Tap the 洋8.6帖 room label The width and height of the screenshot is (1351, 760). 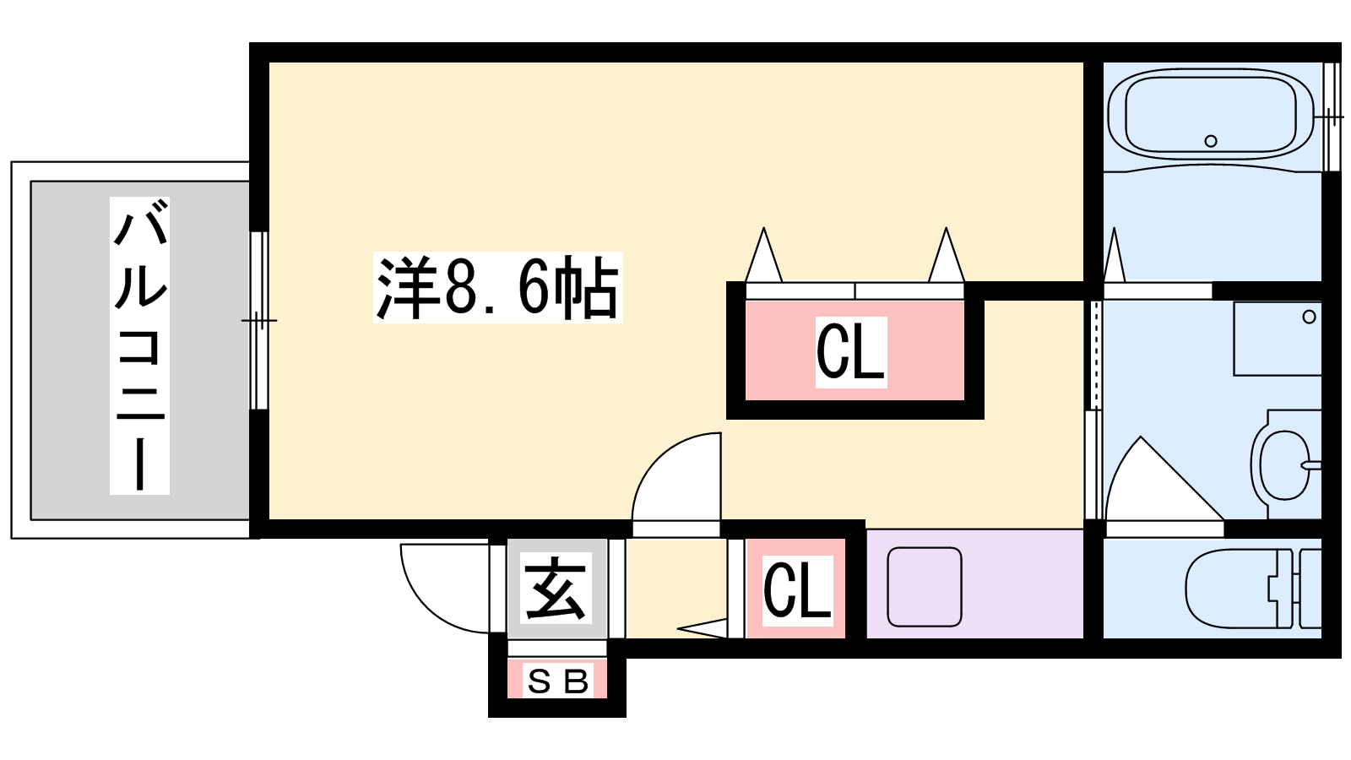(497, 287)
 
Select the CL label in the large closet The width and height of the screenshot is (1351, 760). (850, 351)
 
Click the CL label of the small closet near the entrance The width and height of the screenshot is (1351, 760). (797, 589)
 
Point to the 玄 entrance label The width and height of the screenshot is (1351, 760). (556, 588)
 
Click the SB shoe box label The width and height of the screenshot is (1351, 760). (557, 681)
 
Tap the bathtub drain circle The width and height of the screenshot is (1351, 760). (1211, 141)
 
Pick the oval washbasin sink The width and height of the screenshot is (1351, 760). (1283, 464)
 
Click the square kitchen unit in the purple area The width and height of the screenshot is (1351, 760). (925, 587)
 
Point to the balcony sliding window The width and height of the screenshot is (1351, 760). (259, 321)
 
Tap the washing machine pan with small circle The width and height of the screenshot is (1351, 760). (1277, 339)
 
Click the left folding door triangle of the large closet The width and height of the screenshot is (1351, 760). (764, 258)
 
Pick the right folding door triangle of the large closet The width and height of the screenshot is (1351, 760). (946, 258)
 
